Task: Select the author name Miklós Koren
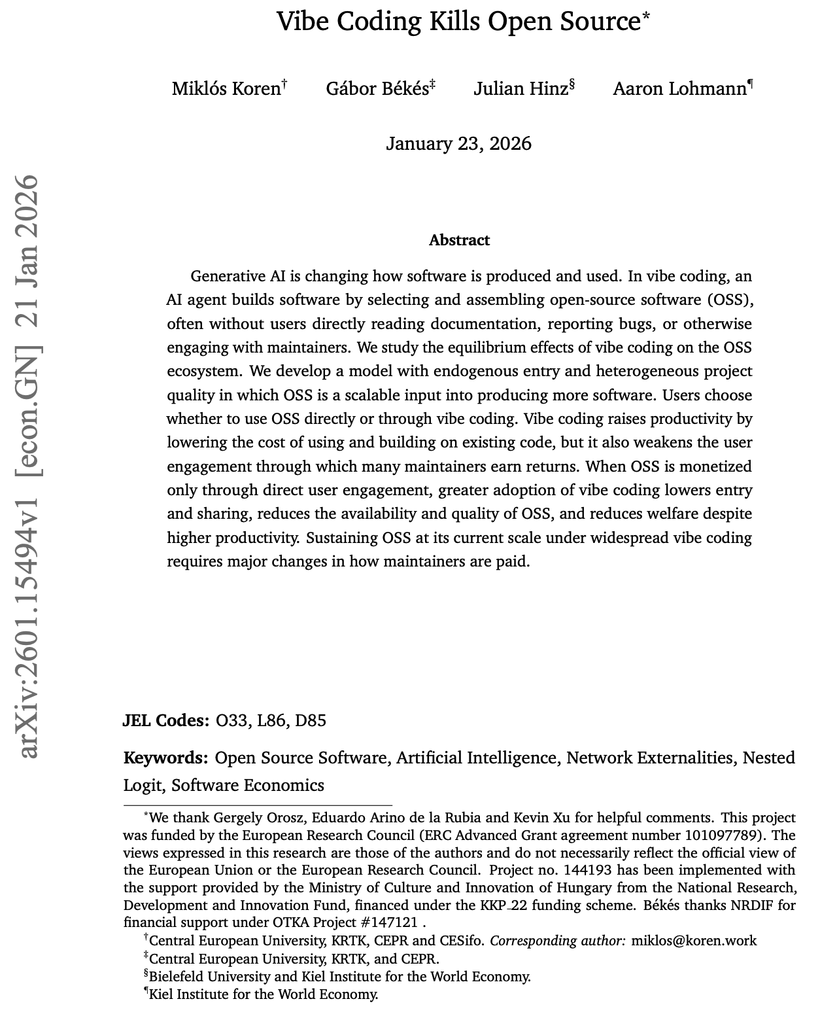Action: coord(226,88)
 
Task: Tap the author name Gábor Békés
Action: coord(377,88)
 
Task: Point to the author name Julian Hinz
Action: coord(521,88)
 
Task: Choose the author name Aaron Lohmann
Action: coord(679,88)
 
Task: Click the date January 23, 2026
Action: coord(458,143)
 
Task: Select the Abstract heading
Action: coord(459,240)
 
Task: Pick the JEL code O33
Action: coord(232,720)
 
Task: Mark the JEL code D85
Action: coord(311,720)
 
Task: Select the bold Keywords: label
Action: coord(166,758)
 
